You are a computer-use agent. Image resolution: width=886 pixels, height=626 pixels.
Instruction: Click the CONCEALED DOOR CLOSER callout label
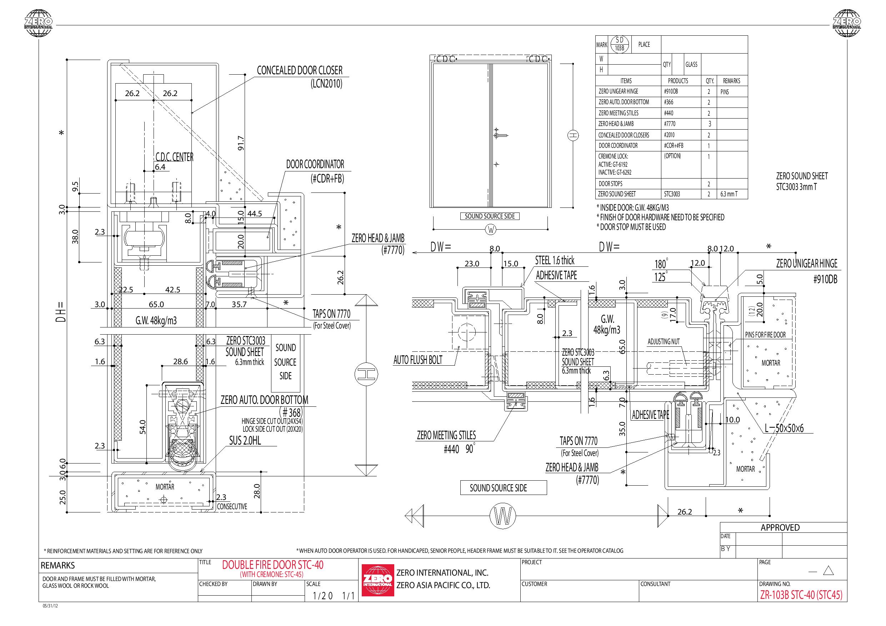(x=300, y=70)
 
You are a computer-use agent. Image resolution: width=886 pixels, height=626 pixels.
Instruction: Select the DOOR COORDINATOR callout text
(x=315, y=164)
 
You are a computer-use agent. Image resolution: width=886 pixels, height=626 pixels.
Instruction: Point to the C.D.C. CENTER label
(x=174, y=157)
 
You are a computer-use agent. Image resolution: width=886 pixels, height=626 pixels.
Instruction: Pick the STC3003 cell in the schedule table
(x=672, y=194)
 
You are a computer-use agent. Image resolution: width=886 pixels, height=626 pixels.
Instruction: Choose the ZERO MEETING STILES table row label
(x=618, y=113)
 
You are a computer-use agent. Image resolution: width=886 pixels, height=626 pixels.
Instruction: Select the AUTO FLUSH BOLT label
(x=418, y=360)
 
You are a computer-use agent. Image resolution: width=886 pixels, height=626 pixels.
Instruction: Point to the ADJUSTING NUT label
(x=664, y=341)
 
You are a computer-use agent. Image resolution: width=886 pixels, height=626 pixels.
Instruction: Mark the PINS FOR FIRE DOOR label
(x=765, y=335)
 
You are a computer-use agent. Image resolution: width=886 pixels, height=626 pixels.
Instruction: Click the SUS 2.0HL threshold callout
(x=245, y=440)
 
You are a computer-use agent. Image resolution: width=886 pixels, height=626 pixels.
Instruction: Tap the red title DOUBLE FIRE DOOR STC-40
(x=273, y=565)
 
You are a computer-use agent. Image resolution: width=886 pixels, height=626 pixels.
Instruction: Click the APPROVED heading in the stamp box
(x=780, y=527)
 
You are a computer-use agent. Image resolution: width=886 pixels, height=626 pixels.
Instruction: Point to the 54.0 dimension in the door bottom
(x=143, y=427)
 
